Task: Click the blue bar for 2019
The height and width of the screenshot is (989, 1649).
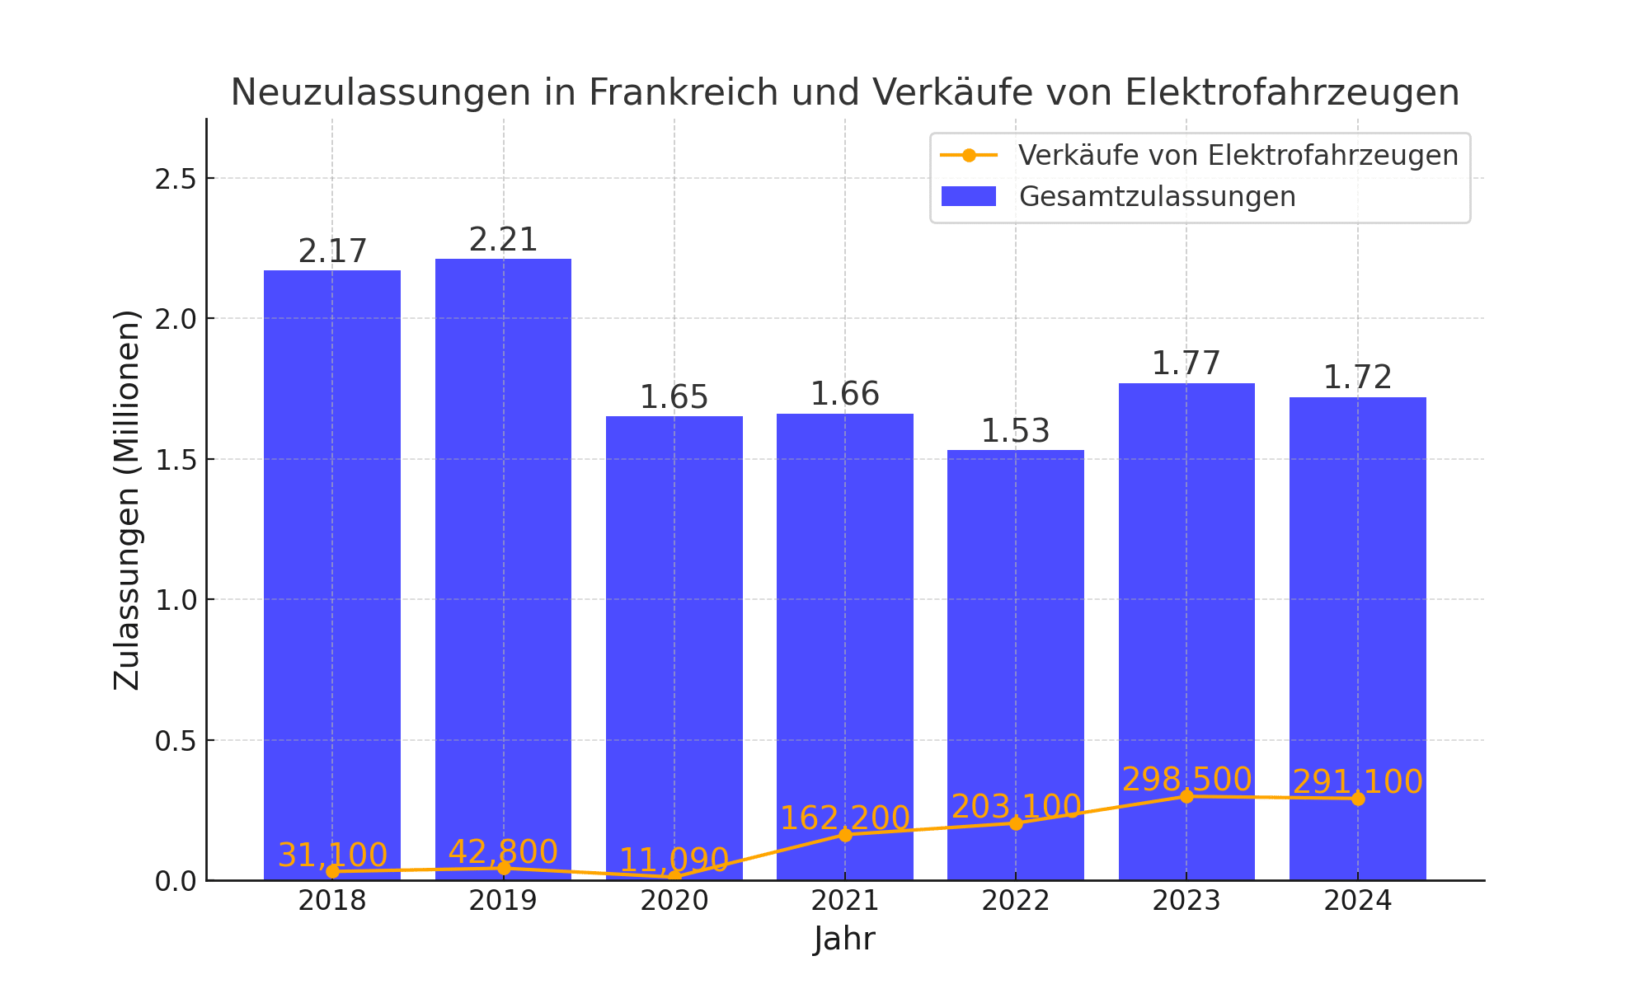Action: [503, 569]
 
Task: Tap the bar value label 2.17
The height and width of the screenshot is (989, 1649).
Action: [332, 251]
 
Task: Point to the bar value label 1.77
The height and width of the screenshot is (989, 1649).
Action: [1186, 363]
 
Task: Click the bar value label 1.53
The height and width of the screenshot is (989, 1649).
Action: [1015, 431]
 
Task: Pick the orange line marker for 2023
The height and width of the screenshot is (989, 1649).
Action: [1186, 796]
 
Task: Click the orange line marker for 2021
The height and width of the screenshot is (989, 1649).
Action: [845, 835]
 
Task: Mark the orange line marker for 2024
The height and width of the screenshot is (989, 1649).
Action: [1358, 799]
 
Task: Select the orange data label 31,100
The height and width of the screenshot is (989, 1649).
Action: [332, 855]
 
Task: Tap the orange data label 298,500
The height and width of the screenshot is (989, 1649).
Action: [1186, 780]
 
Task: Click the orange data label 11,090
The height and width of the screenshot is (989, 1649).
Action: [674, 860]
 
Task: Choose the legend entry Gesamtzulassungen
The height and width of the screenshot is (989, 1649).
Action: [1157, 197]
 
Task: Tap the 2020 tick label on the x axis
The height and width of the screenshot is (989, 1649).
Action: [674, 901]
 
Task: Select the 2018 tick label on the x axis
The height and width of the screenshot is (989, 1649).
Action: [332, 901]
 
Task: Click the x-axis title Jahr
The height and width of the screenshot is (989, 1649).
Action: [844, 939]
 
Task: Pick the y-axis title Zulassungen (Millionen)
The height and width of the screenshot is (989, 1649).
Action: [127, 500]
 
